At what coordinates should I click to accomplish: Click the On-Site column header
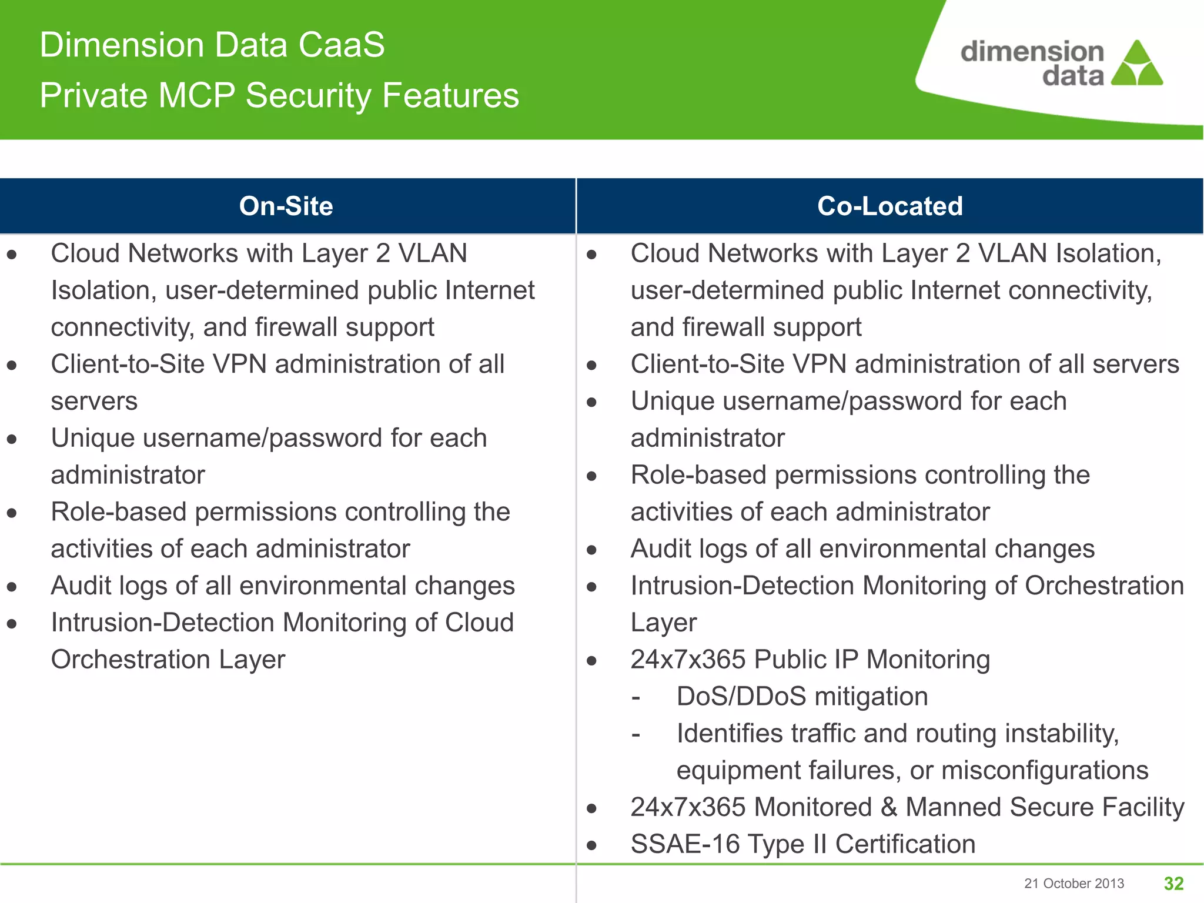click(286, 206)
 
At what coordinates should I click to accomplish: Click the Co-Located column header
click(889, 206)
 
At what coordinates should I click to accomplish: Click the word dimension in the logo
click(1032, 52)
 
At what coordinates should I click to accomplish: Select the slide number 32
click(1173, 883)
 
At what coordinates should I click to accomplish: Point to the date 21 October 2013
click(1073, 883)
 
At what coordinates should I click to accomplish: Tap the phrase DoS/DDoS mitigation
click(802, 697)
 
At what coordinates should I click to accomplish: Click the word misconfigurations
click(1044, 770)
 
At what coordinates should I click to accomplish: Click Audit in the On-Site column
click(80, 586)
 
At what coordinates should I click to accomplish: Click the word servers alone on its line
click(94, 402)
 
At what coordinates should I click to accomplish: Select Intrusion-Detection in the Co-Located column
click(742, 586)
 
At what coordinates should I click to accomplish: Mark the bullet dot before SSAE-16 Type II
click(591, 845)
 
